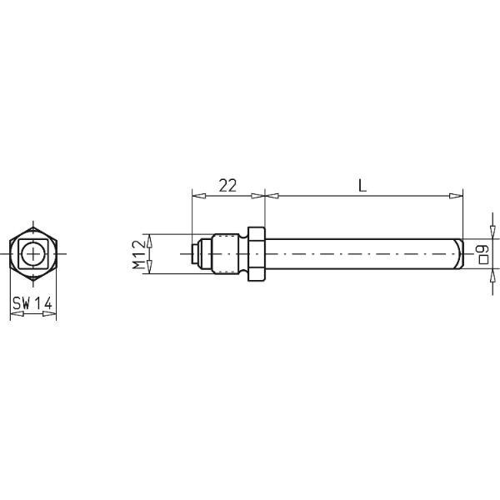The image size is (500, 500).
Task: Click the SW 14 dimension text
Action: [x=32, y=305]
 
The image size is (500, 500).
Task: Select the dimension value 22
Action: [x=227, y=187]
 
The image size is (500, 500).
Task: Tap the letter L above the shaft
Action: [x=362, y=187]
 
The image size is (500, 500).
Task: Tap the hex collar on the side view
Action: [x=257, y=252]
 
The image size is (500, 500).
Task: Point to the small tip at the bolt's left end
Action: [x=194, y=252]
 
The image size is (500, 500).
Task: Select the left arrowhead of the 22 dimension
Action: [x=197, y=197]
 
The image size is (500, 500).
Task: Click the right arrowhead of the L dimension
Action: [x=457, y=197]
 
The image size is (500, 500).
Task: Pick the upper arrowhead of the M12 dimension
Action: [x=149, y=237]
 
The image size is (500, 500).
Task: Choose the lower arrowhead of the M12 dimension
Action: [x=149, y=267]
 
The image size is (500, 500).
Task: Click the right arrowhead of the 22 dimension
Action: [x=260, y=197]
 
